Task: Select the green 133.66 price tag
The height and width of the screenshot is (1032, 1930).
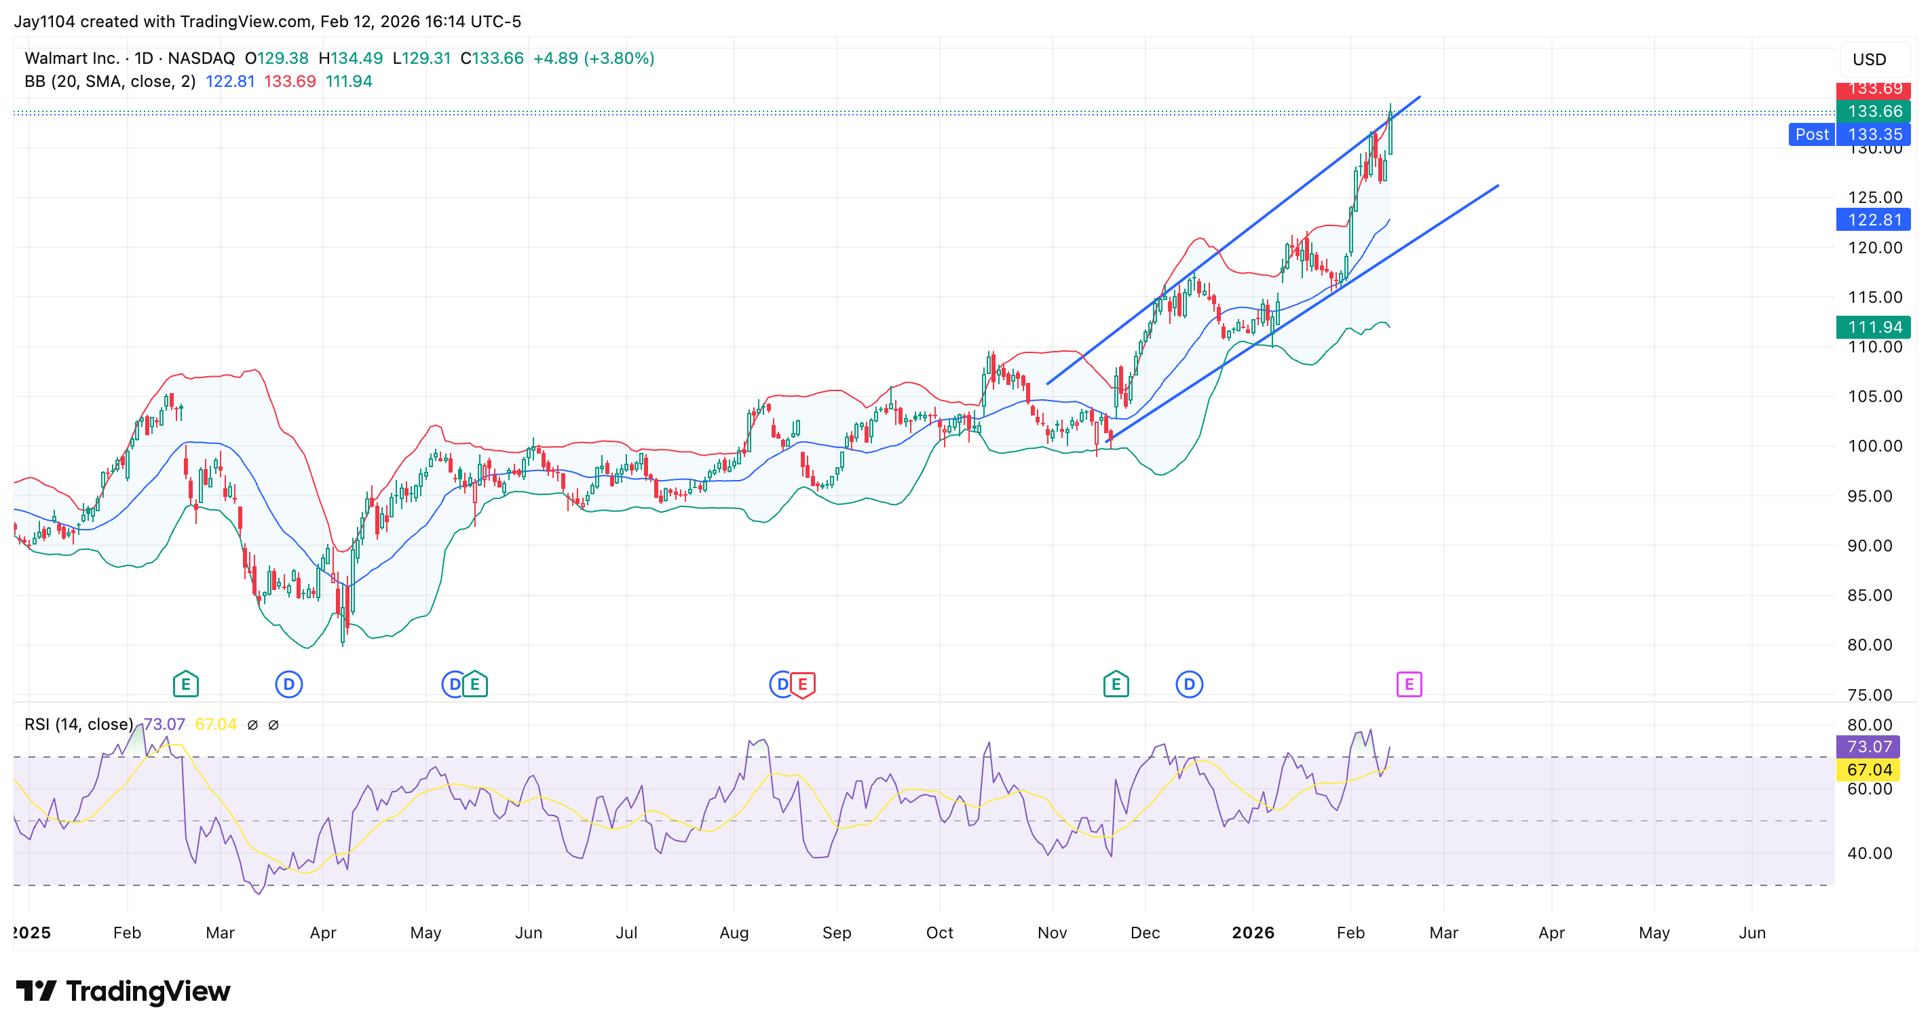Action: (x=1874, y=111)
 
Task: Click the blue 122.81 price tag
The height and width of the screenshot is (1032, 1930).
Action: (x=1874, y=219)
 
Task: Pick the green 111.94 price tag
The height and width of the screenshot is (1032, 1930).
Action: (x=1874, y=327)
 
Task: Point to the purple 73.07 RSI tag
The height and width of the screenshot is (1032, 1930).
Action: (x=1870, y=746)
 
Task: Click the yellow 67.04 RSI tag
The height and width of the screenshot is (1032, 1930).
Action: (x=1870, y=770)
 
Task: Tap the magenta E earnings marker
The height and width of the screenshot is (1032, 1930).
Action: (x=1409, y=684)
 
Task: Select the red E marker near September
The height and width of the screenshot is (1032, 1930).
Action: (x=802, y=684)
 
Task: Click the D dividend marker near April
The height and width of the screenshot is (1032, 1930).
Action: (x=289, y=684)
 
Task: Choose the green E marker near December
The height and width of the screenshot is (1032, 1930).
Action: (x=1116, y=684)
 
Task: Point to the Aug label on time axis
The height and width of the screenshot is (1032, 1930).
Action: (x=734, y=932)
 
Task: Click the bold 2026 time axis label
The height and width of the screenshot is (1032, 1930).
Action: (x=1253, y=932)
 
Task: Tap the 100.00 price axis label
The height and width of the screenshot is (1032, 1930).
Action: (x=1874, y=446)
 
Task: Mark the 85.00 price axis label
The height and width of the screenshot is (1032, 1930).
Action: (x=1874, y=595)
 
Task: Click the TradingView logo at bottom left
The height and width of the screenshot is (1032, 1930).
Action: (x=124, y=991)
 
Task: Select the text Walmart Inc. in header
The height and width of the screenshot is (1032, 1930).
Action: (x=72, y=58)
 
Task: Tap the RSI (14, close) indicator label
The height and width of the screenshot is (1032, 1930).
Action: (x=79, y=724)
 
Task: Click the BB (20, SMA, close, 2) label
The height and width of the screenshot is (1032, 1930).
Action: (x=110, y=81)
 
